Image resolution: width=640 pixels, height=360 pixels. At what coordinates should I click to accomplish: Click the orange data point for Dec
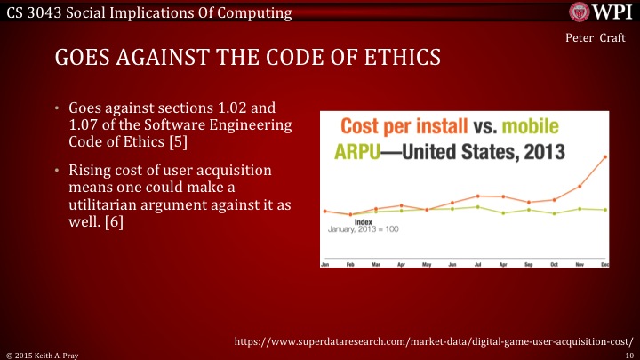[x=606, y=157]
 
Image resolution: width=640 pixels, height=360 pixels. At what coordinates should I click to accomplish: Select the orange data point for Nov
[x=580, y=186]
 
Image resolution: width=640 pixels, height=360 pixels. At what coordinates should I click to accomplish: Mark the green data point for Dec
[x=606, y=210]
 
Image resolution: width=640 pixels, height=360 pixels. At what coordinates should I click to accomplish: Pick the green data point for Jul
[x=478, y=207]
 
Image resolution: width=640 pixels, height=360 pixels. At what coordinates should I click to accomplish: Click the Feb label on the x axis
[x=350, y=264]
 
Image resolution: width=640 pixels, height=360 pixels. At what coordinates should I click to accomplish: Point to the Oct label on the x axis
[x=555, y=264]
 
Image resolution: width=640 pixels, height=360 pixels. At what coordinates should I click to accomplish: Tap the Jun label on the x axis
[x=452, y=264]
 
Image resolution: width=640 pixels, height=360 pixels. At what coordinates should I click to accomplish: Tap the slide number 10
[x=629, y=354]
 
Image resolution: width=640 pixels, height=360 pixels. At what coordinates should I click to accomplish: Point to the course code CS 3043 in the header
[x=30, y=12]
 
